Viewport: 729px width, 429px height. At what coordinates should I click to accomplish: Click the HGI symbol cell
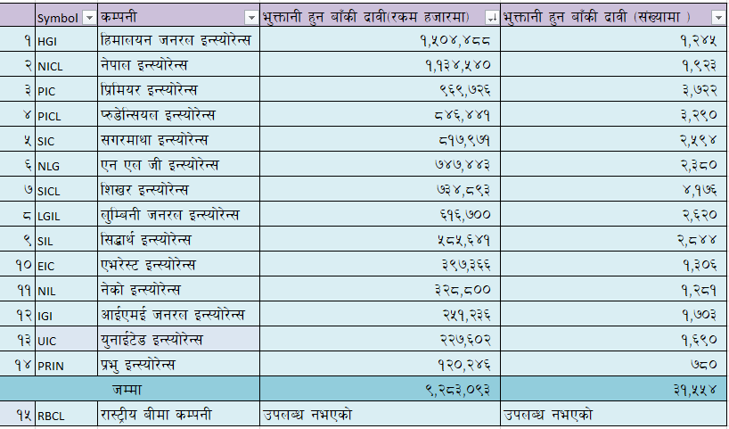pos(47,42)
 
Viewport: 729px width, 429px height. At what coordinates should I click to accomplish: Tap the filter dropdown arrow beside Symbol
pos(87,18)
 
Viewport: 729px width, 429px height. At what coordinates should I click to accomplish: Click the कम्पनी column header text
pos(119,17)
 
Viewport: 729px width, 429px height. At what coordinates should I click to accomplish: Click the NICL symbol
pos(51,67)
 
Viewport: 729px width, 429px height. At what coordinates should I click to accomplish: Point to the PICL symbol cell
pos(50,117)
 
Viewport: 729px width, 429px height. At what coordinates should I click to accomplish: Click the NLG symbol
pos(48,167)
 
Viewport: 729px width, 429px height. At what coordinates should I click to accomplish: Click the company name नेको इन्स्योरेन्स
pos(141,290)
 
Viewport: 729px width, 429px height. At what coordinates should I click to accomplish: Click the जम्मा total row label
pos(127,390)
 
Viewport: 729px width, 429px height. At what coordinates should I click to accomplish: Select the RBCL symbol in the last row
pos(52,416)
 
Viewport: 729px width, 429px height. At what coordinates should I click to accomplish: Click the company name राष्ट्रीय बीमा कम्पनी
pos(157,414)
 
